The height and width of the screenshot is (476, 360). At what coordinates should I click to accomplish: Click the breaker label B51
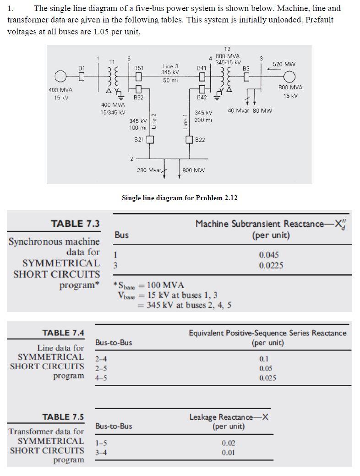pos(138,67)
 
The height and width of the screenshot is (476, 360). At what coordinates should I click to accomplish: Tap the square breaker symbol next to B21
pos(150,140)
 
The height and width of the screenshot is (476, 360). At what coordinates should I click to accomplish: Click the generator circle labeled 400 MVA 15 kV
pos(60,76)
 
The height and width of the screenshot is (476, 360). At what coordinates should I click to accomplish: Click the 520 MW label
pos(284,64)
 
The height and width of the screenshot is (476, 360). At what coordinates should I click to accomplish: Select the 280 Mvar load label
pos(148,170)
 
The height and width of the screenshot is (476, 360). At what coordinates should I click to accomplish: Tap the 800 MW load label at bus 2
pos(193,170)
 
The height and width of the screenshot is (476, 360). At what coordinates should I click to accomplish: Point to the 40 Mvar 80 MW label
pos(250,110)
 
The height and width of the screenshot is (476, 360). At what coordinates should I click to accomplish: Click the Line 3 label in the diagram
pos(170,66)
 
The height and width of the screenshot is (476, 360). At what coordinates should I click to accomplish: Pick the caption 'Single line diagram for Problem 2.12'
pos(179,198)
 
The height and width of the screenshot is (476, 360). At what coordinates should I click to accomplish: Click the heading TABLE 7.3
pos(75,224)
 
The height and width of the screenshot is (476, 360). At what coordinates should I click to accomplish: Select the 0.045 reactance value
pos(269,255)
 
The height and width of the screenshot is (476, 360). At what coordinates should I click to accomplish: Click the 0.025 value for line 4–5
pos(267,378)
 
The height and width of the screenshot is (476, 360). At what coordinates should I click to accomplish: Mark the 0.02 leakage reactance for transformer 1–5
pos(229,443)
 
